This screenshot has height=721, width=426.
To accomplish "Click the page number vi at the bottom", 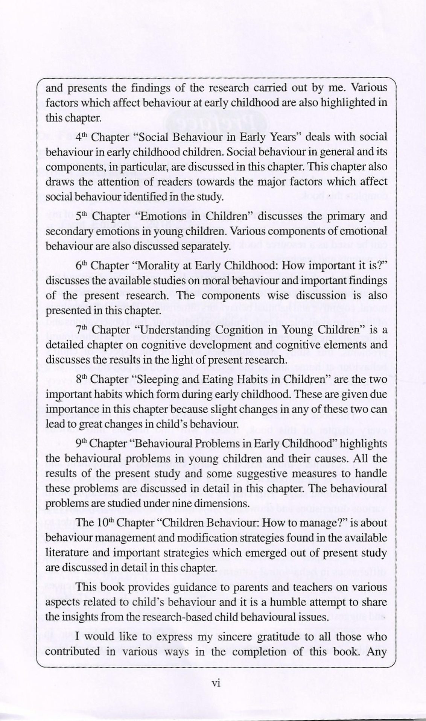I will (x=216, y=684).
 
